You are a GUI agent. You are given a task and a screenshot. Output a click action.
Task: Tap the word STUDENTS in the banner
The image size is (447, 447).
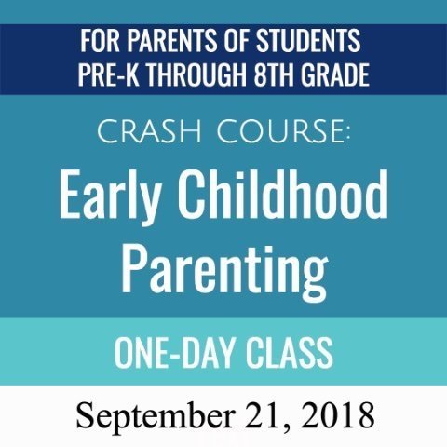tap(308, 41)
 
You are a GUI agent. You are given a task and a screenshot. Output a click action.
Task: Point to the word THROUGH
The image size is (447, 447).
tap(196, 74)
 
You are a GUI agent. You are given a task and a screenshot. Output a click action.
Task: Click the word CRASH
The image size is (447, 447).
tap(150, 132)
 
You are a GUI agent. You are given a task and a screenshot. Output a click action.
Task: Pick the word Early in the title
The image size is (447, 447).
tap(110, 196)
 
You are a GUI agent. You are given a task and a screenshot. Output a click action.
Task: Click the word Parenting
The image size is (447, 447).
tap(224, 273)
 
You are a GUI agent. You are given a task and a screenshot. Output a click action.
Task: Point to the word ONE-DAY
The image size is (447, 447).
tap(173, 353)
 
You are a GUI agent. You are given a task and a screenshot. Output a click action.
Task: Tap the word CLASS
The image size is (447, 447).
tap(290, 353)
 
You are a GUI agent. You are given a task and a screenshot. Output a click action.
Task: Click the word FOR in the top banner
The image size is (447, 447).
tap(100, 41)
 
